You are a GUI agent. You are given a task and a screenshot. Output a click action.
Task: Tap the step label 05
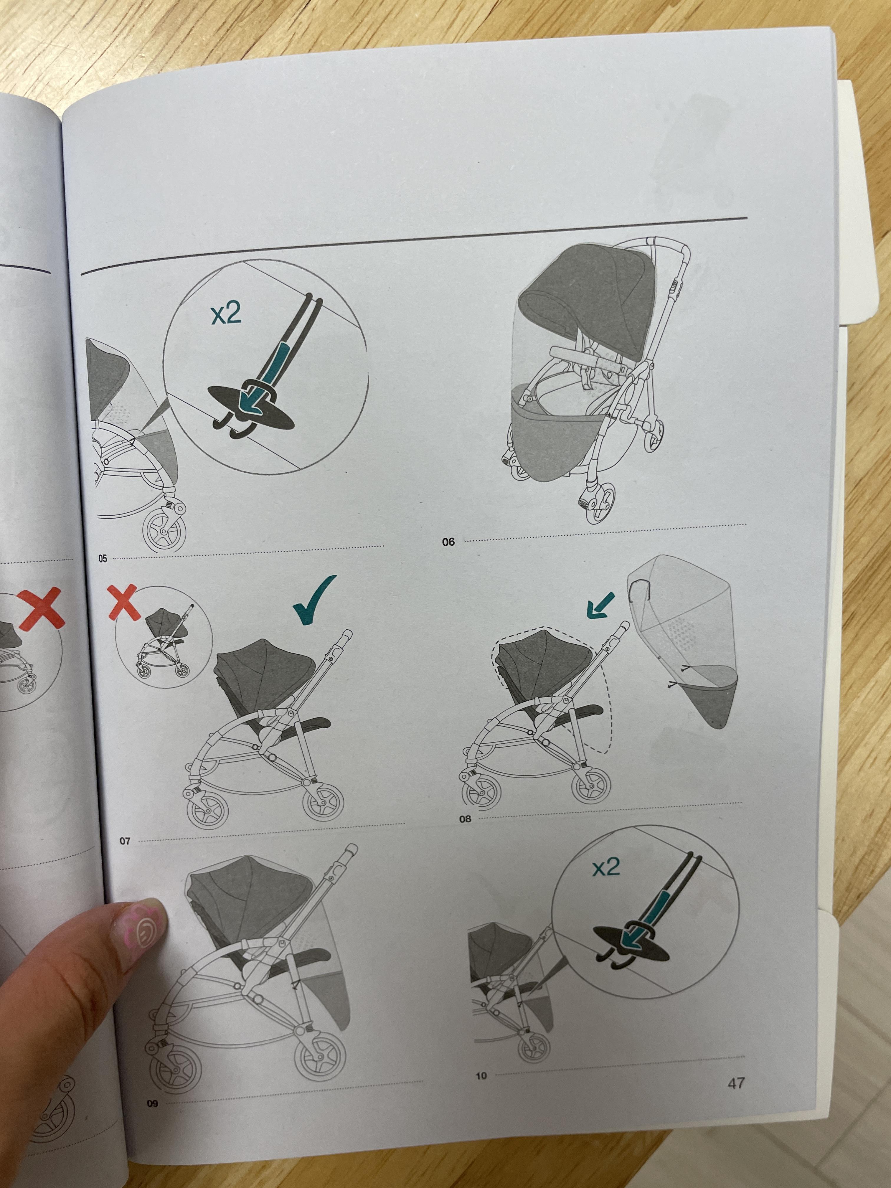(x=103, y=559)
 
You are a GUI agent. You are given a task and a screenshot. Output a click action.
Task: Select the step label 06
(x=448, y=542)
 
